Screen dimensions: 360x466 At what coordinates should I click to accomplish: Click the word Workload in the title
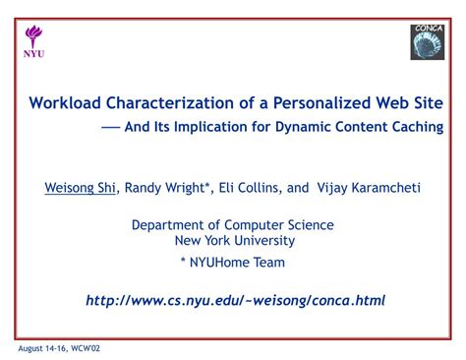pyautogui.click(x=65, y=102)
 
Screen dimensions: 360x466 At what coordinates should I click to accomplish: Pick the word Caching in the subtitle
pyautogui.click(x=416, y=128)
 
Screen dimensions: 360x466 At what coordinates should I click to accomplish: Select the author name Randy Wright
pyautogui.click(x=166, y=187)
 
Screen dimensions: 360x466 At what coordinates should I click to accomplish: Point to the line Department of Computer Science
pyautogui.click(x=233, y=225)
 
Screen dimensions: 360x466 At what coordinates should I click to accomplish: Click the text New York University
pyautogui.click(x=234, y=241)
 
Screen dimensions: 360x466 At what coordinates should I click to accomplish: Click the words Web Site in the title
pyautogui.click(x=409, y=102)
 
